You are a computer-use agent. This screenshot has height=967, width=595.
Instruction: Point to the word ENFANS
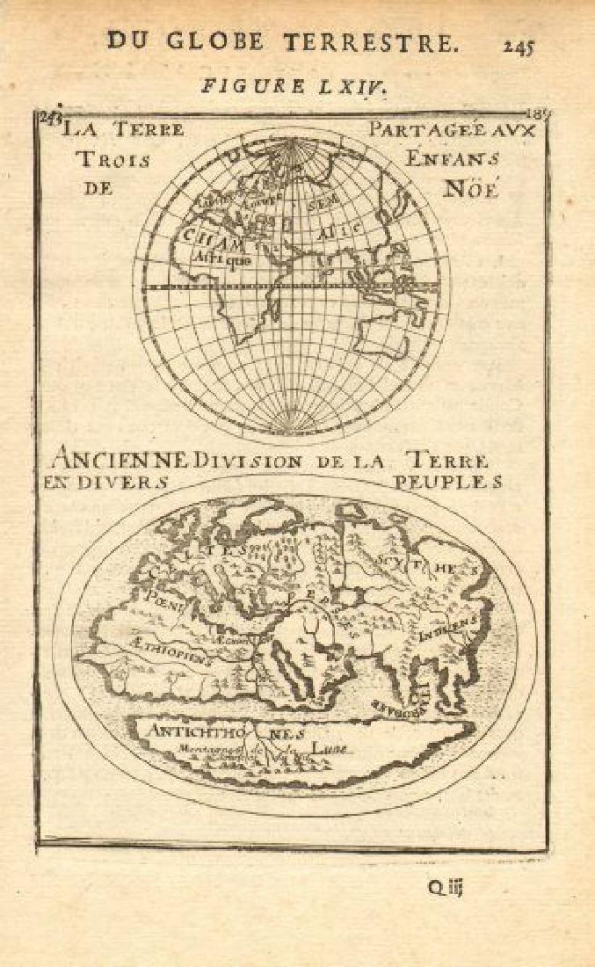462,159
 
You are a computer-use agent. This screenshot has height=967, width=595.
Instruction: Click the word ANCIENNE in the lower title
120,459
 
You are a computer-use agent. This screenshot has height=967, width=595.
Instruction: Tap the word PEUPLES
447,482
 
